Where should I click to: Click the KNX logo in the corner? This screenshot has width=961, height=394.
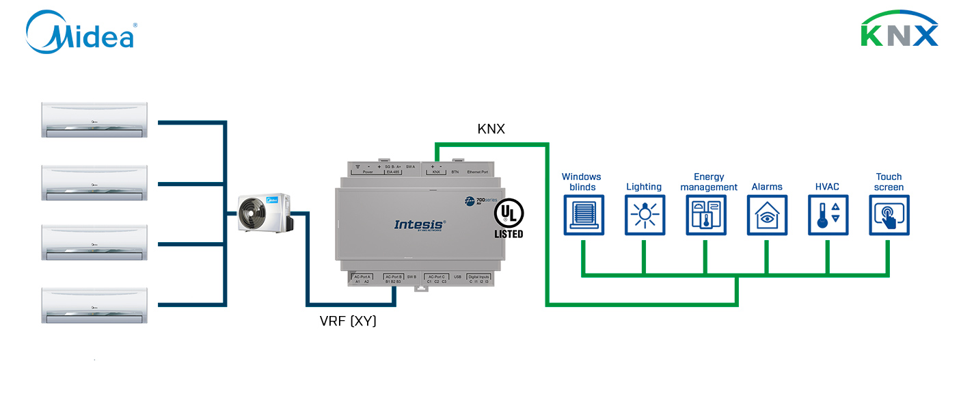coord(899,29)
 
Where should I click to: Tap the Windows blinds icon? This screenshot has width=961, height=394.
coord(583,215)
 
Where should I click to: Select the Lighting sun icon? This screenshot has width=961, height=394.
coord(645,215)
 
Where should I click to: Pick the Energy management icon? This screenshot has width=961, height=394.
coord(706,215)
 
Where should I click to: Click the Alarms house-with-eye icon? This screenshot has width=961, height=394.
coord(767,215)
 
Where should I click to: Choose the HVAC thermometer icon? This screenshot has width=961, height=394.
coord(828,215)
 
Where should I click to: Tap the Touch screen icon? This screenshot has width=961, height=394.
coord(889,215)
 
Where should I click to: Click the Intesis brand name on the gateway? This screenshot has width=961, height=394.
coord(420,224)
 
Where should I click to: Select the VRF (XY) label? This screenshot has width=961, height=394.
coord(348,321)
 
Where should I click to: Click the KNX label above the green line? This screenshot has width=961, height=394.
coord(491,128)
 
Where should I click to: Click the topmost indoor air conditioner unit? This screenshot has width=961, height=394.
coord(94,120)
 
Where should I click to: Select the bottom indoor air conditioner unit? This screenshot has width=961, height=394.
coord(94,305)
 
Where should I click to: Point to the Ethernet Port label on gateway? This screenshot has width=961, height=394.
coord(478,172)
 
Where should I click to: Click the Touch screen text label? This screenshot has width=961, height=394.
coord(889,182)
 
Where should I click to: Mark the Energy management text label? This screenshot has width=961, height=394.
coord(709,182)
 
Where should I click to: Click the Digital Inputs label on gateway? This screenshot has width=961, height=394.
coord(478,276)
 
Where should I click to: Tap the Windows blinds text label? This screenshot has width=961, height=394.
coord(582,182)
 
